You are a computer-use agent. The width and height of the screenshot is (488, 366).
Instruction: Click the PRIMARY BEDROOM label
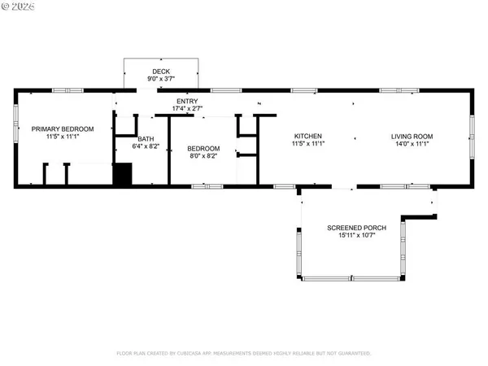63,129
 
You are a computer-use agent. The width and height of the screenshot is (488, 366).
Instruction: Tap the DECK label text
162,72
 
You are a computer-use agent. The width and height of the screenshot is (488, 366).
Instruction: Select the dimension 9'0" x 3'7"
162,79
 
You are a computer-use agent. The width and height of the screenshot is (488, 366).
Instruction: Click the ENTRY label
188,100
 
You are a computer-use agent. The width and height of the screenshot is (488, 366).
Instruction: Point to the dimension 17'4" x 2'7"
188,108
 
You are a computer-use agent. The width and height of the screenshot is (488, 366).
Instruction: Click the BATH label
146,139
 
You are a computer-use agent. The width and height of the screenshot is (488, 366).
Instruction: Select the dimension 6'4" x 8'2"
146,146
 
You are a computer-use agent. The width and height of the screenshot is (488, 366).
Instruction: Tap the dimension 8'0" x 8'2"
203,156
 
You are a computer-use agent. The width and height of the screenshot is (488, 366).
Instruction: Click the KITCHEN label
308,136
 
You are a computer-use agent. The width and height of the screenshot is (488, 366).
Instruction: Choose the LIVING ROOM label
412,136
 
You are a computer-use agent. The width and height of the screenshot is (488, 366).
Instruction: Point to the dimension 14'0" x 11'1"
412,144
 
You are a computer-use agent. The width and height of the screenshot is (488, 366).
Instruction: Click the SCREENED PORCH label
356,227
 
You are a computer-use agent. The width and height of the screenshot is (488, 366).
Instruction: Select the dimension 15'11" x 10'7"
356,235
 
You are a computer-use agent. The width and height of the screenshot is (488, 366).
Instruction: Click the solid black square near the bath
122,175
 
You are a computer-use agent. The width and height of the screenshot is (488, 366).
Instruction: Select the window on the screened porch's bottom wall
351,279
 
